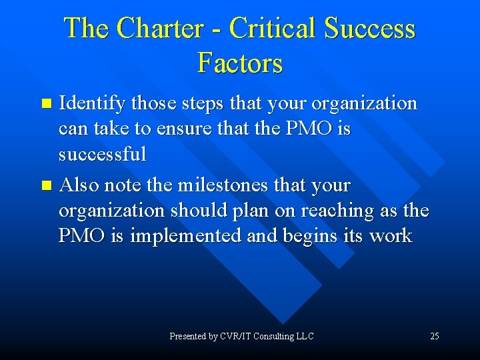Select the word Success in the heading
pyautogui.click(x=370, y=29)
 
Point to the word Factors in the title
pyautogui.click(x=240, y=63)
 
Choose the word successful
pyautogui.click(x=102, y=154)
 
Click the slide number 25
pyautogui.click(x=434, y=336)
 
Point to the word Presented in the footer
pyautogui.click(x=187, y=336)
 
